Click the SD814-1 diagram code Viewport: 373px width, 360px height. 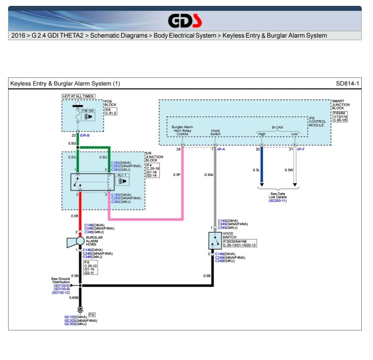coord(347,84)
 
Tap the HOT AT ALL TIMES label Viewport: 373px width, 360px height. coord(78,97)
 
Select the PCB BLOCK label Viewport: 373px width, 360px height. coord(110,102)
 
